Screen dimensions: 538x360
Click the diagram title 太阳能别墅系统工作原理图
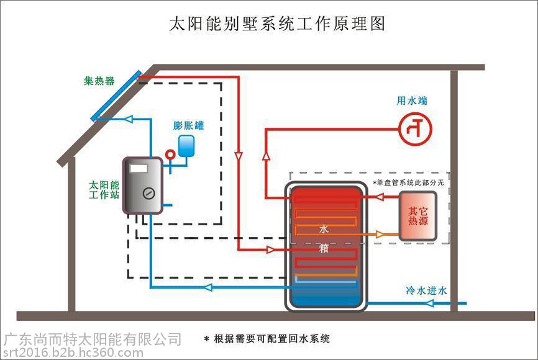[277, 24]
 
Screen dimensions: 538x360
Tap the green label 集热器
[99, 81]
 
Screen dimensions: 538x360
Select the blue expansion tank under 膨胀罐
[186, 146]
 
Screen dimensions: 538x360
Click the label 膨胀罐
[188, 125]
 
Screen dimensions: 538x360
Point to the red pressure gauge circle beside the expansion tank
[170, 155]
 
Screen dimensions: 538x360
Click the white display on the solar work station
[139, 168]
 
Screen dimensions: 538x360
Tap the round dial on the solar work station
[148, 194]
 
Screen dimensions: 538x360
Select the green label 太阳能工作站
[104, 190]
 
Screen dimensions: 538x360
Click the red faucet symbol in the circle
[416, 129]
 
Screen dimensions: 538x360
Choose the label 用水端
[412, 101]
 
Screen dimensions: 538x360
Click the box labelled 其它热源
[418, 215]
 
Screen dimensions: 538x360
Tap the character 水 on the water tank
[324, 228]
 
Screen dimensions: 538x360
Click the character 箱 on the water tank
[324, 248]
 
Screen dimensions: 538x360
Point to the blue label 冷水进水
[427, 290]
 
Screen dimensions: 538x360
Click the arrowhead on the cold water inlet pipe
[429, 303]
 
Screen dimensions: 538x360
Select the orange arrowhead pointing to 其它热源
[380, 235]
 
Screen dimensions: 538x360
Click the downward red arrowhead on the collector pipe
[239, 156]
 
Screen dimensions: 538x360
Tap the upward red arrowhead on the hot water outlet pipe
[266, 156]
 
